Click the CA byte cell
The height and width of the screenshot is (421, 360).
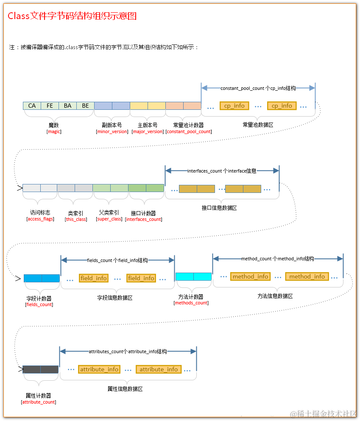pos(32,106)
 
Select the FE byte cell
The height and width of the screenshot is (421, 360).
pos(50,106)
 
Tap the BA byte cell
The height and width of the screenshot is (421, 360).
pos(67,106)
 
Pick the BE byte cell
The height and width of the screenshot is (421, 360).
pos(85,106)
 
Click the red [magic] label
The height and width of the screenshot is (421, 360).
pos(54,131)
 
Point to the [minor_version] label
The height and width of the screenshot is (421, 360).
pos(112,131)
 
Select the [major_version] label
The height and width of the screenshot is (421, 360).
pos(148,131)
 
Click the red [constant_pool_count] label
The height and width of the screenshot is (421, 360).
pos(189,131)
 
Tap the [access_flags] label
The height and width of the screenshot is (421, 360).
pos(40,219)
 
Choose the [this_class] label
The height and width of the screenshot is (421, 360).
pos(75,220)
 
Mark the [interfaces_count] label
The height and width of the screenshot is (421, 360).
pos(143,220)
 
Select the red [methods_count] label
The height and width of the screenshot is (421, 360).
pos(191,303)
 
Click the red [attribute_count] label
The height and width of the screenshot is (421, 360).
pos(39,402)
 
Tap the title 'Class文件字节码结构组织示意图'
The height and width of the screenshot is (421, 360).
pos(72,17)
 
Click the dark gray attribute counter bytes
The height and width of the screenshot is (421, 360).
pos(40,369)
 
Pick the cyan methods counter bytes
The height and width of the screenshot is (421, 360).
pos(193,276)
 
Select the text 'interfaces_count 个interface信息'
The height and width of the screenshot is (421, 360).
pos(222,171)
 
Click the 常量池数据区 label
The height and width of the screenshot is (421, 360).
pos(258,125)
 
